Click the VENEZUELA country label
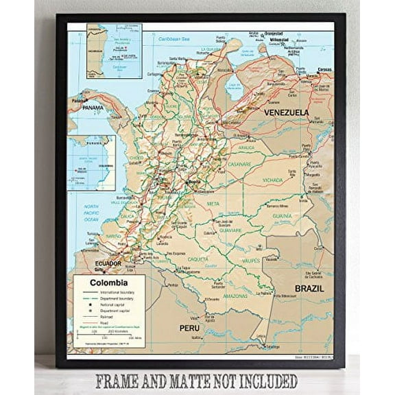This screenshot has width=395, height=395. click(286, 112)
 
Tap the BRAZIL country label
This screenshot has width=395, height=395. click(309, 289)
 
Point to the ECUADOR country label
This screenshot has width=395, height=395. click(108, 263)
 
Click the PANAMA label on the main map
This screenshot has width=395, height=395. click(93, 108)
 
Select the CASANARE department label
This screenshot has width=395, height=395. click(239, 164)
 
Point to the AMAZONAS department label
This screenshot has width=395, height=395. click(235, 296)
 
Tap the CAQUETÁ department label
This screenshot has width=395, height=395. click(197, 259)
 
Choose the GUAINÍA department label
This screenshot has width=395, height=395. click(282, 216)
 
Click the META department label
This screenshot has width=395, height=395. click(213, 204)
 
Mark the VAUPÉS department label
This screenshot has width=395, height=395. click(250, 261)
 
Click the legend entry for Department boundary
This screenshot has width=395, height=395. click(113, 299)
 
